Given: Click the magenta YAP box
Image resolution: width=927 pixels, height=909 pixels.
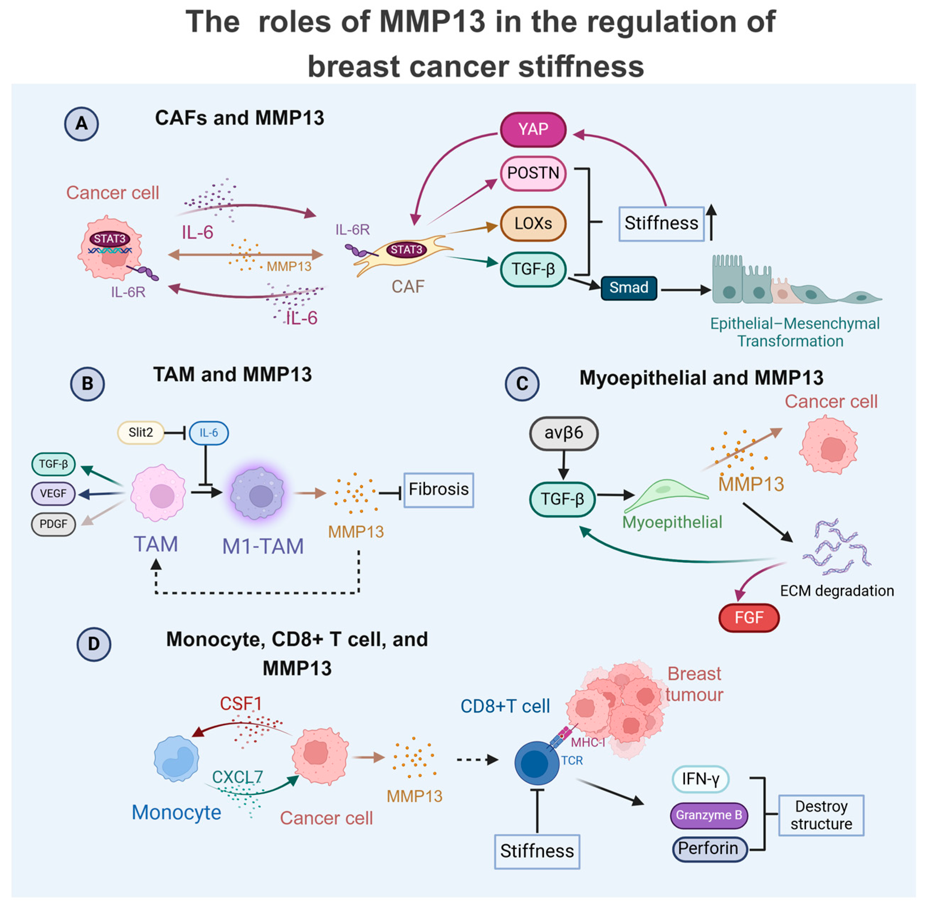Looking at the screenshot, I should (533, 129).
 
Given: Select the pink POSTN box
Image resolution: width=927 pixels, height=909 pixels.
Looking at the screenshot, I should (533, 173).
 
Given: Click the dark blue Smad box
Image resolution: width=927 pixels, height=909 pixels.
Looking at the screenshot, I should (628, 288).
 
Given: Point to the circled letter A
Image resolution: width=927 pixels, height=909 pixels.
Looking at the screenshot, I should (82, 124).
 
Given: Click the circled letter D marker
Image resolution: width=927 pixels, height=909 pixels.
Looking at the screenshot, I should (94, 644).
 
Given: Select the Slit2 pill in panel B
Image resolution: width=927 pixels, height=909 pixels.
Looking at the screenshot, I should (140, 433).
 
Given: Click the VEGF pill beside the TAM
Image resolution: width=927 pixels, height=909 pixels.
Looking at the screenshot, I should (53, 493).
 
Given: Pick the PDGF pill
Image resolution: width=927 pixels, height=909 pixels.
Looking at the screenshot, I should (53, 524).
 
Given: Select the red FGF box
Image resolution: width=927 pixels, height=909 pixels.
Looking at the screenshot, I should (749, 618).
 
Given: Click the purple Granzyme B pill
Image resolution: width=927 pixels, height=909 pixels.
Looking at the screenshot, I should (708, 815).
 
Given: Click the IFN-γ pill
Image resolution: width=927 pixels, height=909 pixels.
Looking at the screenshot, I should (700, 780).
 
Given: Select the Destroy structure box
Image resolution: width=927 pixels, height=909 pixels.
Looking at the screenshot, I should (821, 815).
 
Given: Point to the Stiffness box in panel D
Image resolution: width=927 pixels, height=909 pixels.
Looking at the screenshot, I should (536, 851).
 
